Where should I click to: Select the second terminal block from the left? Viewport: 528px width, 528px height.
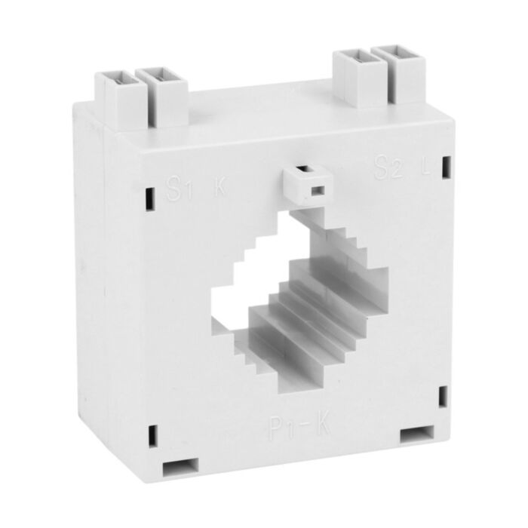(161, 94)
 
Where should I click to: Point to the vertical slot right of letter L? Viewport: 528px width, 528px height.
(446, 167)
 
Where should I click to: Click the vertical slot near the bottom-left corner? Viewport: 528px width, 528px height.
(153, 435)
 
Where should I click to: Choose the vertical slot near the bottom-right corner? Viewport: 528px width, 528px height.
(442, 396)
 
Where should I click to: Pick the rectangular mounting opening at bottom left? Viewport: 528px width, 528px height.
(182, 468)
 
